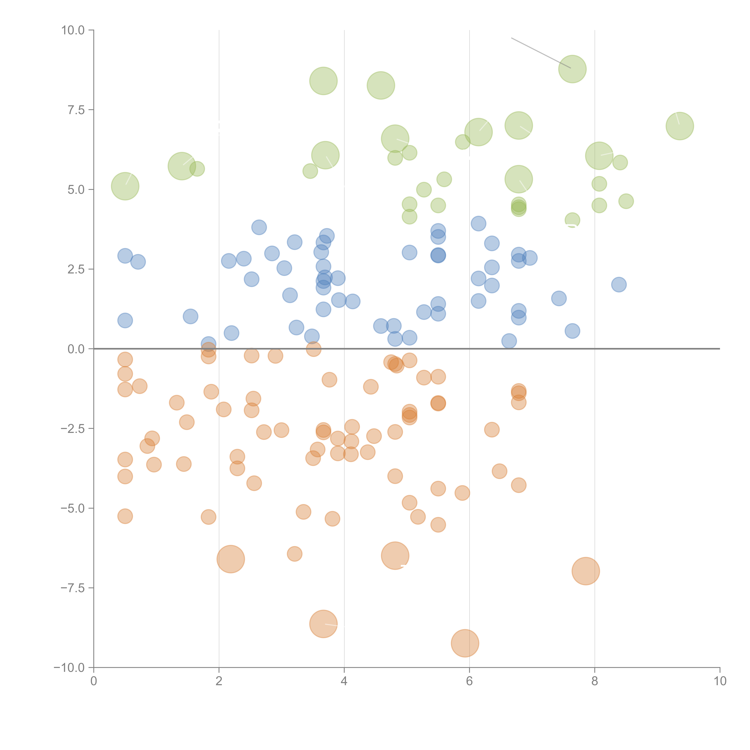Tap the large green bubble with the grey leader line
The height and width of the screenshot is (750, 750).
572,69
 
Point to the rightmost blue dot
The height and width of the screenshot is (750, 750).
619,285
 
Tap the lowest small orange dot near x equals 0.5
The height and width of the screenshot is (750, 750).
125,516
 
